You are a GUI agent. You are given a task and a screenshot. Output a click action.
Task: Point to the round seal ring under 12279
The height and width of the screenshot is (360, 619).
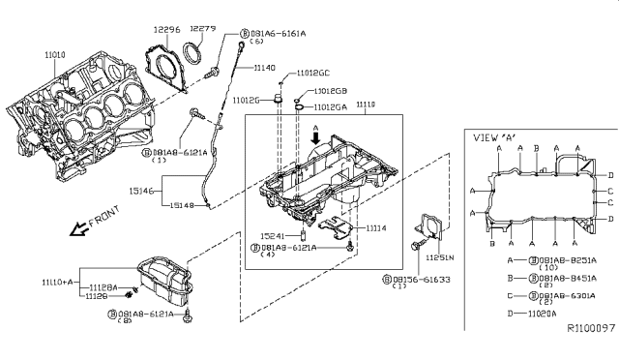pos(196,51)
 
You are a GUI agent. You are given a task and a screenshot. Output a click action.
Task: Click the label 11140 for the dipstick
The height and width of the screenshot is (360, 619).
pos(266,68)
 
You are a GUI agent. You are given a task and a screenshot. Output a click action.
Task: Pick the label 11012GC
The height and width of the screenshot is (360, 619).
pos(310,74)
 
